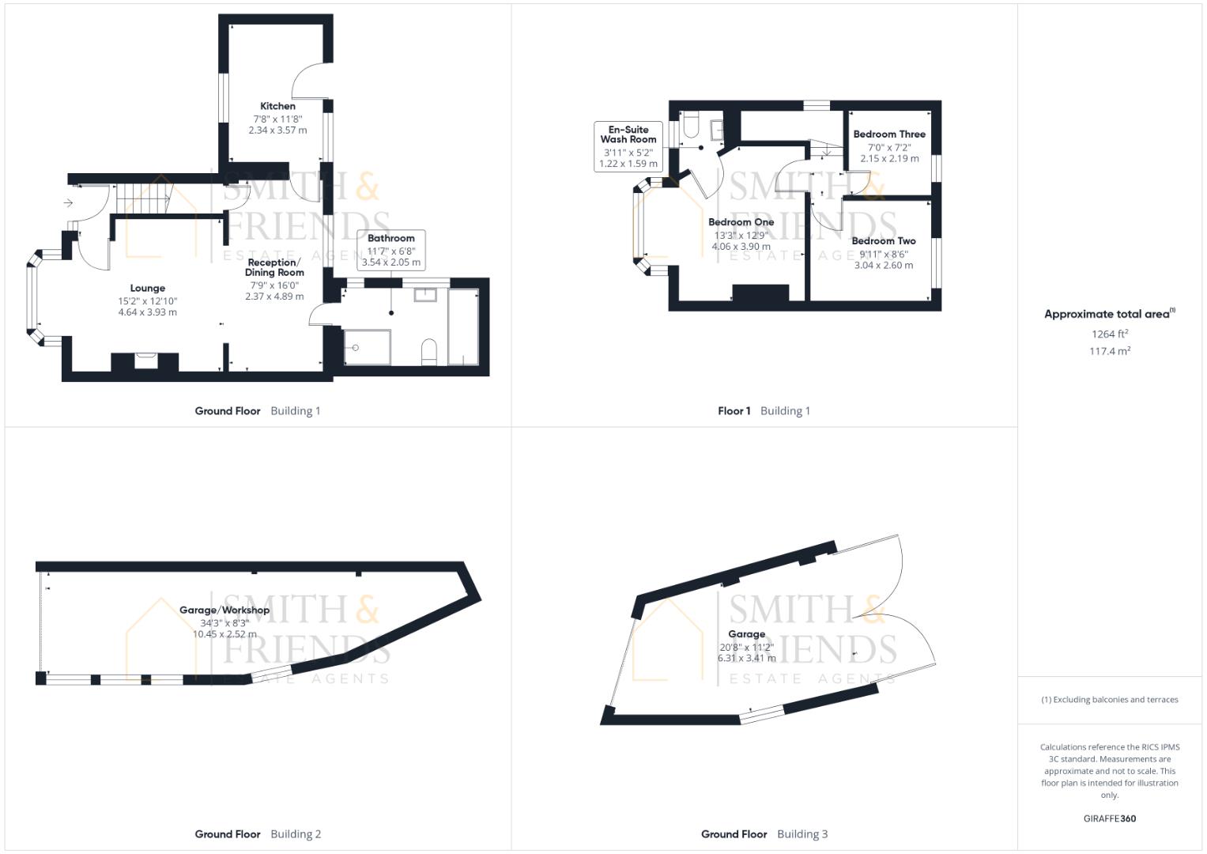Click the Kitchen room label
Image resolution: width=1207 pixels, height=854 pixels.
coord(277,106)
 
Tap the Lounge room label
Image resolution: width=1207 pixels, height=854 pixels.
coord(148,289)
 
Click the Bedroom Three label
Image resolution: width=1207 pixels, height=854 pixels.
coord(889,134)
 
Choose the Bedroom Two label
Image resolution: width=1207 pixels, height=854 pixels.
coord(884,241)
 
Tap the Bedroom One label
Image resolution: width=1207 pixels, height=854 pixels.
coord(741,222)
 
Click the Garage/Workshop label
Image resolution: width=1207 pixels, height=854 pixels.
coord(224,610)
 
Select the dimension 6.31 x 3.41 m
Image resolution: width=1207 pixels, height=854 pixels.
coord(747,658)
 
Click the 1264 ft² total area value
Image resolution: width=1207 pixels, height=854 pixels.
coord(1110,334)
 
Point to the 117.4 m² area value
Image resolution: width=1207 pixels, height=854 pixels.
coord(1110,351)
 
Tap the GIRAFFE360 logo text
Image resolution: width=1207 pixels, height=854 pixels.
coord(1110,818)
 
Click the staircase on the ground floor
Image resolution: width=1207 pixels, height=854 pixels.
coord(145,195)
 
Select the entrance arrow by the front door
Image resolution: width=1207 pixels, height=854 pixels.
coord(69,203)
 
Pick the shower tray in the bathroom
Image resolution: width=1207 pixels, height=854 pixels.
coord(367,347)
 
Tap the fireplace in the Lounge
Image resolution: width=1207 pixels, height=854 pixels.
coord(145,361)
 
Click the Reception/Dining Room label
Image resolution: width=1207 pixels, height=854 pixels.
coord(274,267)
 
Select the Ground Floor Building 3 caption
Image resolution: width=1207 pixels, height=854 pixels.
coord(764,834)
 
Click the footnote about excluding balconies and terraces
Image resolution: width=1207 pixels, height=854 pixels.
coord(1110,700)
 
